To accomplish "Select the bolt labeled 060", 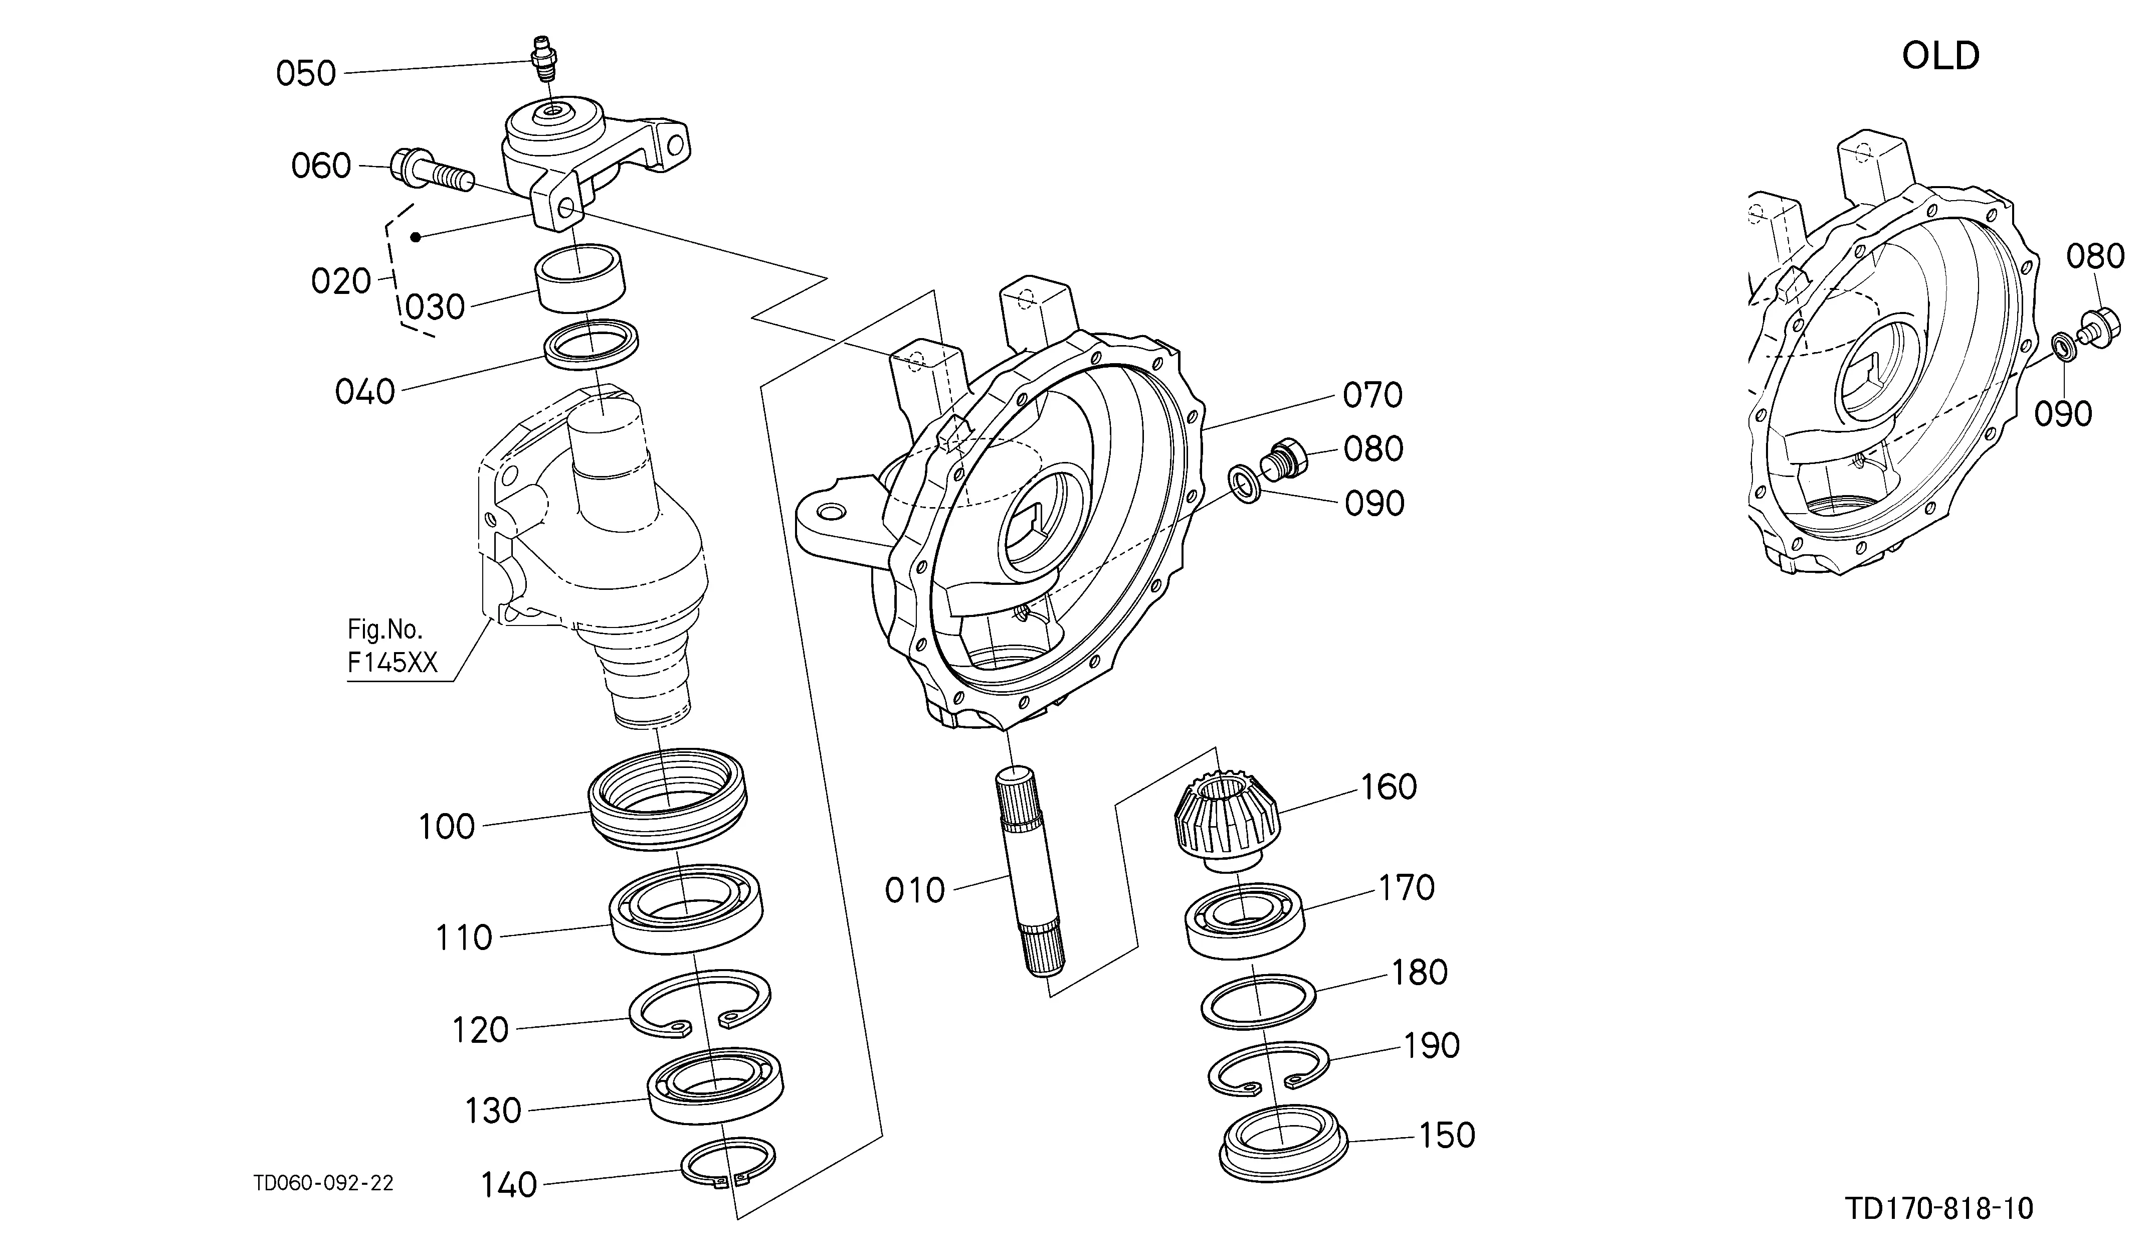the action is [x=432, y=171].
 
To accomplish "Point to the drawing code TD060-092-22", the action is [x=323, y=1183].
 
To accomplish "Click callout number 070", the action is [x=1373, y=395].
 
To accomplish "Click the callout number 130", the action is [x=493, y=1112].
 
